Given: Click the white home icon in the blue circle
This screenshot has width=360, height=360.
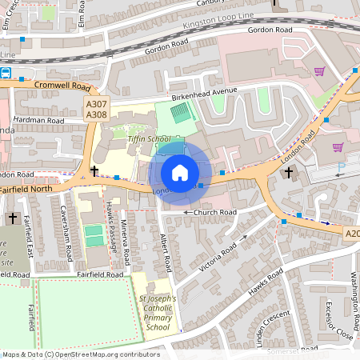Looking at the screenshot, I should pos(180,173).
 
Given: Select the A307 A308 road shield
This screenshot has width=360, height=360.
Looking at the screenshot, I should pos(96,110).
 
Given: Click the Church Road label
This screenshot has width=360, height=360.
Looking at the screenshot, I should pos(210,212).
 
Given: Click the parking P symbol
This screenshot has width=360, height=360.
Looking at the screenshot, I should pos(342,167).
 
